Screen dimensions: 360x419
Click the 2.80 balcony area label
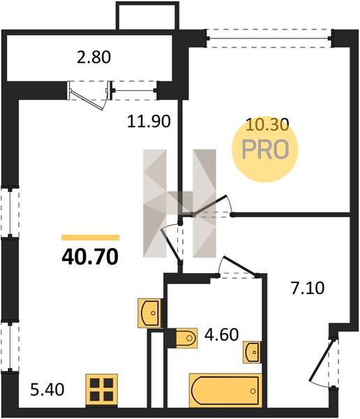tap(93, 57)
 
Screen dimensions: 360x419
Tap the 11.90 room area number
tap(149, 121)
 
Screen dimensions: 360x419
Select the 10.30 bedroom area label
tap(267, 124)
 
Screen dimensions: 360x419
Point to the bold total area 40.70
tap(90, 256)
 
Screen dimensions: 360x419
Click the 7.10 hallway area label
tap(308, 288)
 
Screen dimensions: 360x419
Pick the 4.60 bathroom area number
tap(221, 335)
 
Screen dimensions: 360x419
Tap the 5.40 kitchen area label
tap(47, 390)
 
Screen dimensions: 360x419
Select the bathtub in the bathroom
tap(225, 390)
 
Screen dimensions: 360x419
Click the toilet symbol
tap(186, 338)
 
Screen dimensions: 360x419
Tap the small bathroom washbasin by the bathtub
tap(252, 352)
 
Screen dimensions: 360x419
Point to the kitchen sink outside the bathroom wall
tap(149, 313)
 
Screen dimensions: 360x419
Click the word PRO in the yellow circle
tap(265, 149)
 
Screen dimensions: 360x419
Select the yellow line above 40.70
tap(90, 237)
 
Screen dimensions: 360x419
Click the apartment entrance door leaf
tap(321, 360)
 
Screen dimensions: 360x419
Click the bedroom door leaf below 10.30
tap(210, 205)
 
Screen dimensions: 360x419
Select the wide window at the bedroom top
tap(269, 38)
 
